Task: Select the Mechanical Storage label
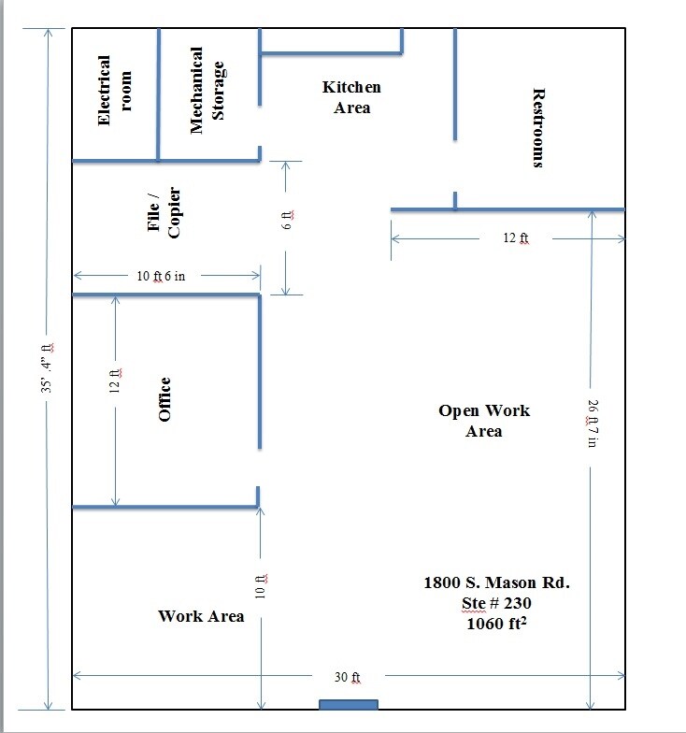[207, 91]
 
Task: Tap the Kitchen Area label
[351, 97]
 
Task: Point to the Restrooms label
[537, 128]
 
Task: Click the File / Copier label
[163, 213]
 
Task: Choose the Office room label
[164, 399]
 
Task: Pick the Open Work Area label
[484, 421]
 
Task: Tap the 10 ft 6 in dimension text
[166, 276]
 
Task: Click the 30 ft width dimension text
[348, 676]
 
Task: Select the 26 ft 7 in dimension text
[591, 424]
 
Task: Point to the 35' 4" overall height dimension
[48, 370]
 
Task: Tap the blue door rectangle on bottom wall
[349, 704]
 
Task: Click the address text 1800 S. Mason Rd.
[496, 582]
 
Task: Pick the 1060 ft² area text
[497, 624]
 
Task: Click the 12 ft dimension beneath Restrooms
[516, 238]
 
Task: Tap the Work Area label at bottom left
[201, 615]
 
